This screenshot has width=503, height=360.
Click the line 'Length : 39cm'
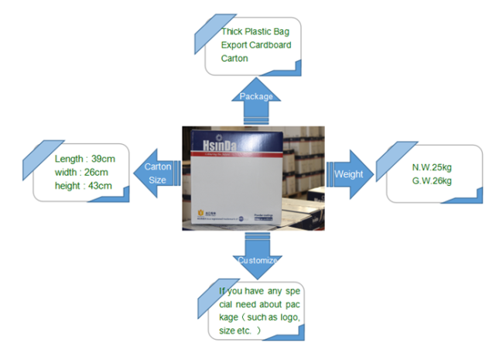tap(84, 159)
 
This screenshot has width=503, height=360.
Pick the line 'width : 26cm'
tap(81, 172)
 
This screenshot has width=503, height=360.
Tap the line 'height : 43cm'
tap(83, 185)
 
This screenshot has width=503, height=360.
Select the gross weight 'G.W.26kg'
tap(432, 181)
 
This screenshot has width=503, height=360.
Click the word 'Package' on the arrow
tap(256, 97)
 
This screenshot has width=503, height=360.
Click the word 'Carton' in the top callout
tap(234, 58)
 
